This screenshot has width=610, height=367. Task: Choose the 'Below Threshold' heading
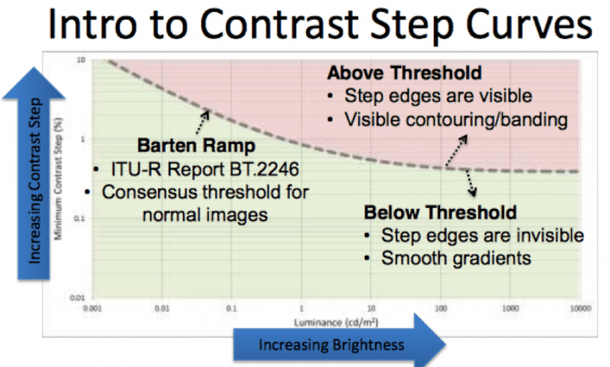pos(440,213)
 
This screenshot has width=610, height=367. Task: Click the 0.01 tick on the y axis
pos(79,296)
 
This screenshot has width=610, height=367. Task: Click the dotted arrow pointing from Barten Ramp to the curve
pos(199,123)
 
